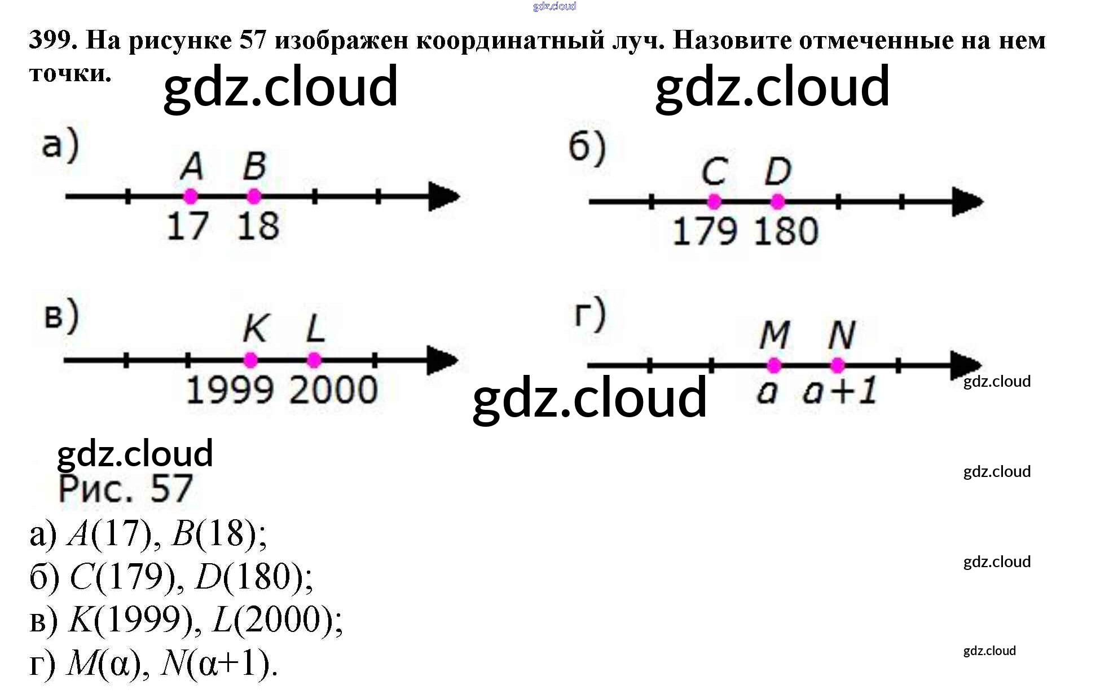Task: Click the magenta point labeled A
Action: [x=191, y=196]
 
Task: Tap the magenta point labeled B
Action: [x=254, y=196]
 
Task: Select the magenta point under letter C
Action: [x=714, y=201]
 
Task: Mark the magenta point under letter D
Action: [x=777, y=201]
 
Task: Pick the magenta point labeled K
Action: [x=250, y=360]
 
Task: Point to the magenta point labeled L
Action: [x=314, y=360]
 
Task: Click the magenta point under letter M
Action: [x=774, y=365]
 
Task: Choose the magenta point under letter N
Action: [x=838, y=365]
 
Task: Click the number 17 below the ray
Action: [x=188, y=227]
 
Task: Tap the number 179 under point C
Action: [x=705, y=232]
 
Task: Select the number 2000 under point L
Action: [x=334, y=390]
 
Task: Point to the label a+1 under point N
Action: [x=840, y=391]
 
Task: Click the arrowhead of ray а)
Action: [x=444, y=196]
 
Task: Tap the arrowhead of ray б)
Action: [x=967, y=201]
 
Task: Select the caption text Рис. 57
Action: [x=126, y=489]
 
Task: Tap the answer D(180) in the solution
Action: [x=252, y=577]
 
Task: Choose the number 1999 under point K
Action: [x=230, y=390]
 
